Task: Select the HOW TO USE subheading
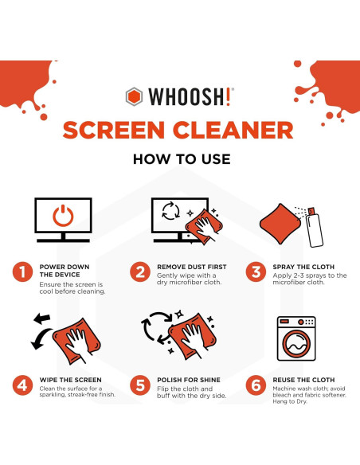(x=181, y=159)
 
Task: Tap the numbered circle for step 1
(x=22, y=272)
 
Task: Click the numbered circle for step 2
(x=140, y=272)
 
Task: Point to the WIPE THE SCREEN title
(x=70, y=380)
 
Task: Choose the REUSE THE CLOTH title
(x=303, y=380)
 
